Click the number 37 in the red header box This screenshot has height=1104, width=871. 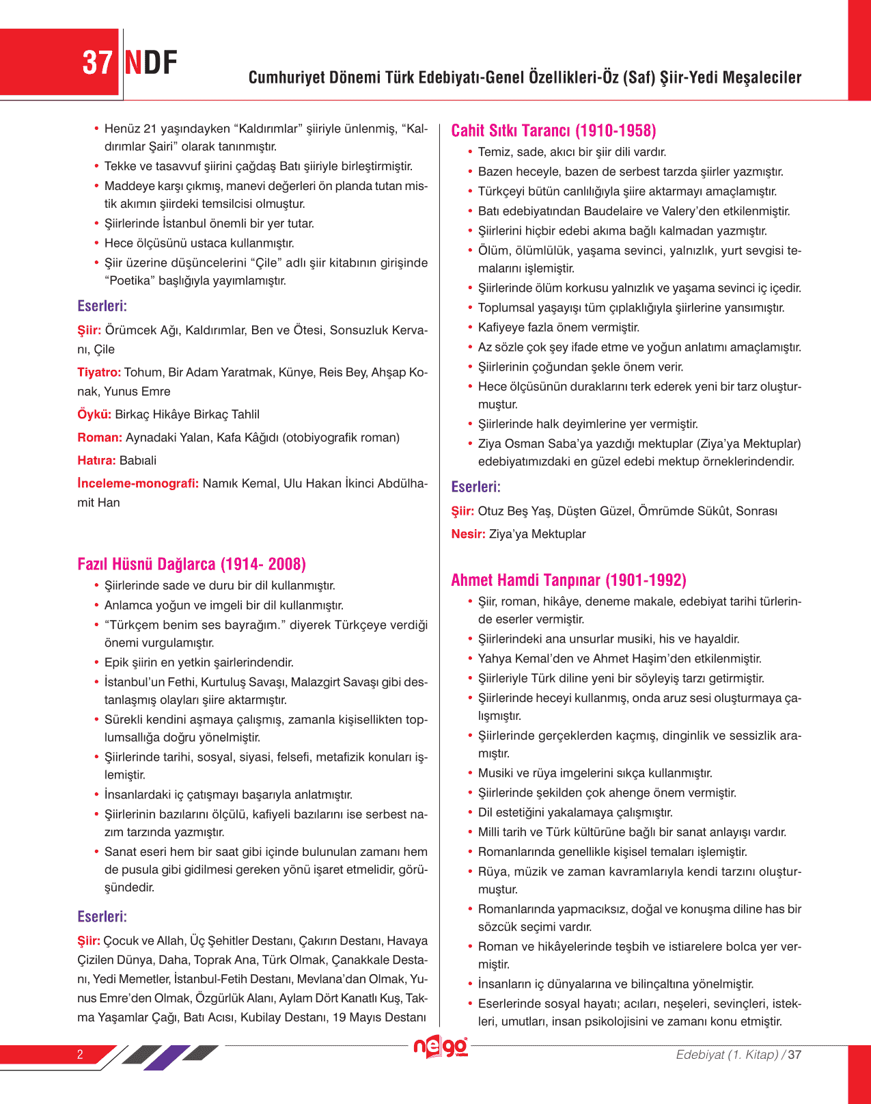pyautogui.click(x=97, y=63)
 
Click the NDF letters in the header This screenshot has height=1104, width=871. pyautogui.click(x=151, y=63)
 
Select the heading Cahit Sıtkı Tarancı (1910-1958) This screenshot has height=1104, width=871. pyautogui.click(x=553, y=131)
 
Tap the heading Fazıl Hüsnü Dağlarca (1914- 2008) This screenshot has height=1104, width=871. pyautogui.click(x=191, y=564)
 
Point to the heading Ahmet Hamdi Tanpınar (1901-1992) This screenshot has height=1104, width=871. pyautogui.click(x=568, y=580)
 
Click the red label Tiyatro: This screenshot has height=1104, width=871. pyautogui.click(x=99, y=373)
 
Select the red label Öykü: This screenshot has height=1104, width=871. pyautogui.click(x=94, y=414)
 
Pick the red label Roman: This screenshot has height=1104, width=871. pyautogui.click(x=100, y=437)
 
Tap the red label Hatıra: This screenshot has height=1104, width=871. pyautogui.click(x=96, y=461)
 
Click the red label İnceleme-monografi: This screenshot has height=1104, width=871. pyautogui.click(x=138, y=484)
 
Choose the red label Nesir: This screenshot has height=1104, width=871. pyautogui.click(x=468, y=534)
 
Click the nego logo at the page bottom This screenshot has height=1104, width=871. pyautogui.click(x=441, y=1047)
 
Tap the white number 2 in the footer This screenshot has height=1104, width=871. pyautogui.click(x=80, y=1054)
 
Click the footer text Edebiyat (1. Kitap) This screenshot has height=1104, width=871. pyautogui.click(x=727, y=1055)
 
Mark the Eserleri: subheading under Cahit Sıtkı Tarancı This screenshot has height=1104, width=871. pyautogui.click(x=475, y=487)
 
